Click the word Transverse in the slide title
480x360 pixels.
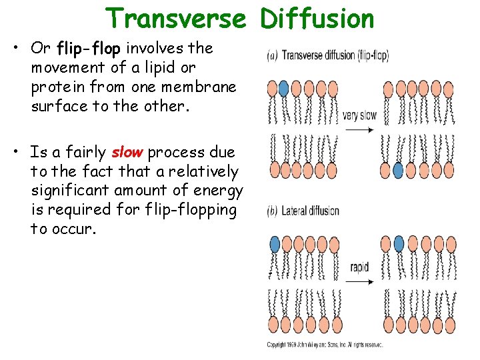[175, 19]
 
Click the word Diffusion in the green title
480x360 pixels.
[317, 19]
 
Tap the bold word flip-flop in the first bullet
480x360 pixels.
[90, 49]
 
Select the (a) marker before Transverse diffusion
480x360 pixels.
[272, 56]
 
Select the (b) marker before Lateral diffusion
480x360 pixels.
[272, 211]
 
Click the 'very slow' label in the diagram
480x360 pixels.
[359, 115]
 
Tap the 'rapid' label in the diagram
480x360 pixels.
[359, 267]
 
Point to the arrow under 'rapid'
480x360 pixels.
[359, 281]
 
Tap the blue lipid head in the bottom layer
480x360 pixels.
[399, 171]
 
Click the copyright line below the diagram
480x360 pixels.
[325, 345]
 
